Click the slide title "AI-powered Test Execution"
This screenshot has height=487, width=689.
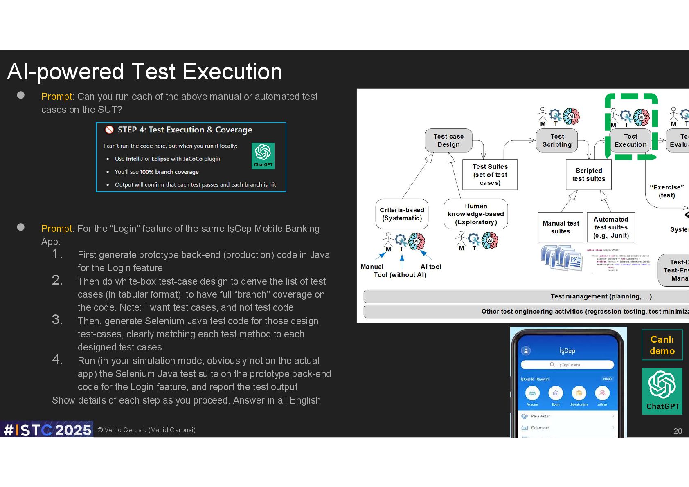[144, 72]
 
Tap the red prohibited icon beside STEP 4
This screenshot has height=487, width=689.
[109, 130]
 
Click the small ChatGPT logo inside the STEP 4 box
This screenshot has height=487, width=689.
[263, 155]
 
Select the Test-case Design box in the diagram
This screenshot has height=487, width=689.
[448, 140]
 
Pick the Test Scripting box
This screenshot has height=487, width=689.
[557, 140]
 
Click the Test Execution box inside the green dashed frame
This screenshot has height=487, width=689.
[630, 140]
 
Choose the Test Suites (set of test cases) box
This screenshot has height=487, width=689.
[490, 175]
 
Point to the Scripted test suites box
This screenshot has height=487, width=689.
[589, 175]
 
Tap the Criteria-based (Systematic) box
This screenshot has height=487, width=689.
[402, 214]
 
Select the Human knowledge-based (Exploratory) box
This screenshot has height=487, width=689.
[476, 214]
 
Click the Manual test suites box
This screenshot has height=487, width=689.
[561, 227]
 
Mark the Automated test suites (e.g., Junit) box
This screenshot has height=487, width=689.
[611, 227]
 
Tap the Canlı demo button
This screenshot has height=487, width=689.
[662, 345]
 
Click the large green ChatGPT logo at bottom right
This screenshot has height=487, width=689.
[662, 391]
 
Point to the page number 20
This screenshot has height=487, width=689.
[678, 431]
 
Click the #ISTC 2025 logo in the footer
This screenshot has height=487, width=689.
[47, 430]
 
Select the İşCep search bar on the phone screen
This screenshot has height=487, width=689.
[567, 365]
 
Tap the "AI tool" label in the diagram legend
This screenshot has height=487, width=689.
[431, 267]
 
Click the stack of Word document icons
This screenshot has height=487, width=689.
[562, 258]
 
